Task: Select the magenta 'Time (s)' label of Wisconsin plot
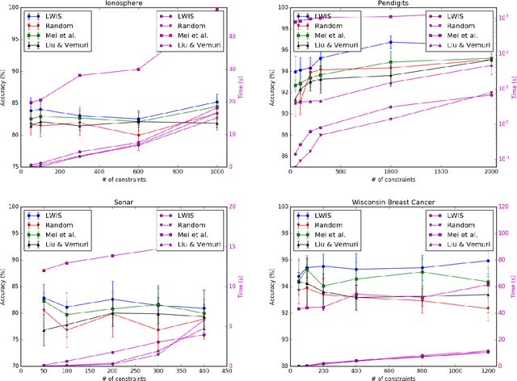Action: (x=513, y=287)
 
